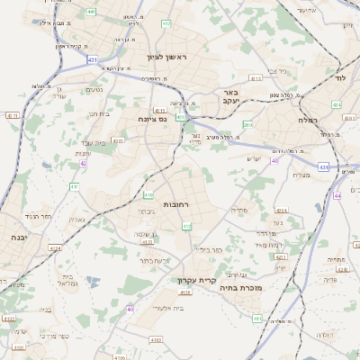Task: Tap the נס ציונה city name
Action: (152, 118)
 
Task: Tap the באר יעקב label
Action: (230, 97)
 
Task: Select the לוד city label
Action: (339, 79)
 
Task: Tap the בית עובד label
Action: (106, 142)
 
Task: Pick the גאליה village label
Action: (76, 219)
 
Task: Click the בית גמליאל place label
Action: (69, 280)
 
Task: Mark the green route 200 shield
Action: (247, 125)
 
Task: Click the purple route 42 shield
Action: (83, 163)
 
